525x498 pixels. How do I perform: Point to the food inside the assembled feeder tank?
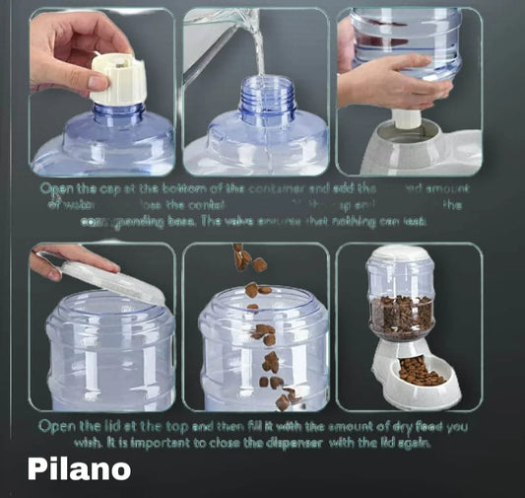[401, 314]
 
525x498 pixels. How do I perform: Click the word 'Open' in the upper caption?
[56, 187]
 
